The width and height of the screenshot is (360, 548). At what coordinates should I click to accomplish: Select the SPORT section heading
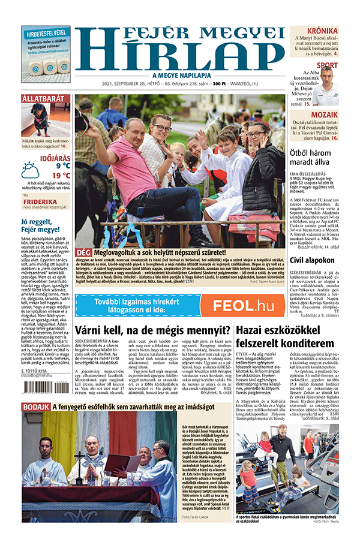pyautogui.click(x=327, y=65)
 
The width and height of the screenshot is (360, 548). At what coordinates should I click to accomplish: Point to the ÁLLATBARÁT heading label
pyautogui.click(x=43, y=98)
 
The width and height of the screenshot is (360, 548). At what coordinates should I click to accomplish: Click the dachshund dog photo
pyautogui.click(x=46, y=120)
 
